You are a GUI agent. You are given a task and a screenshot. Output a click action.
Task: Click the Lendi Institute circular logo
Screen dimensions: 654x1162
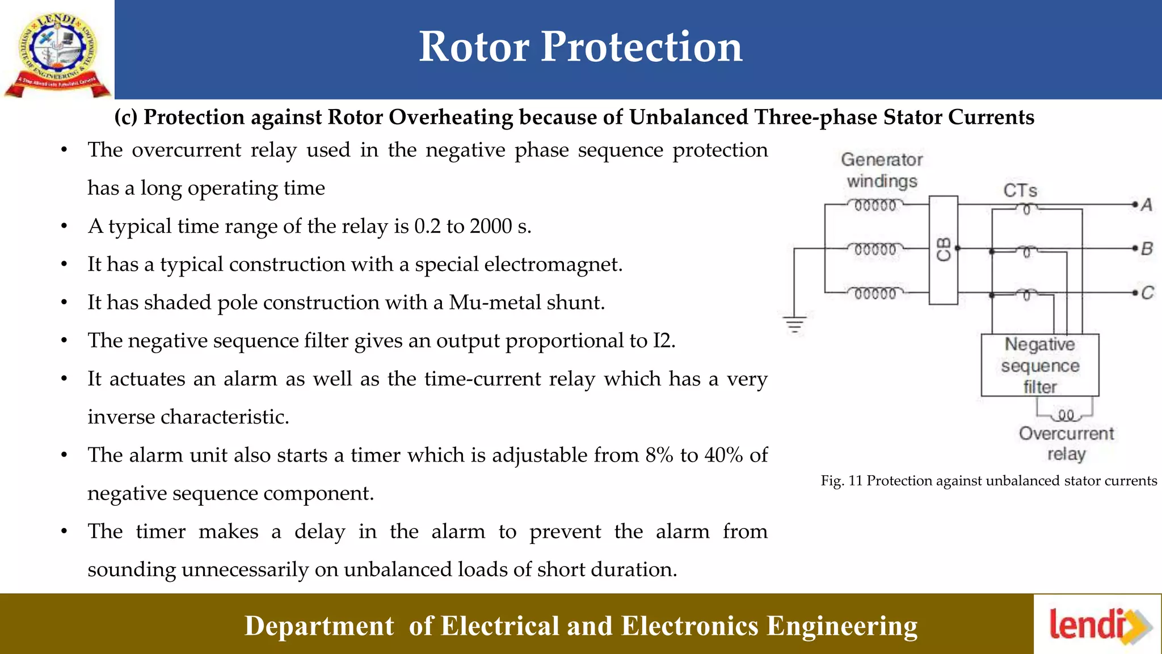click(57, 51)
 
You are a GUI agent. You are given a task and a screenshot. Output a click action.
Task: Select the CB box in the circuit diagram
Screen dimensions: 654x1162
click(944, 250)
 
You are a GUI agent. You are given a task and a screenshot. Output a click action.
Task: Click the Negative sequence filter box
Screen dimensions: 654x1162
click(1040, 365)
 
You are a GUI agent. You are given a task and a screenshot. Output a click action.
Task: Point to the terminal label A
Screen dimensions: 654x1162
click(1147, 204)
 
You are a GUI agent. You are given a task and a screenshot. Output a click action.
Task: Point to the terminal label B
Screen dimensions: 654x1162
click(1147, 249)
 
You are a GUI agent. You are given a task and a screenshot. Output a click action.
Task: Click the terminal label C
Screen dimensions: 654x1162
click(1147, 293)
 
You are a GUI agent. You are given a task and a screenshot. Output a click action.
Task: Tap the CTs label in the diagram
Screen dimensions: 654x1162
click(1020, 190)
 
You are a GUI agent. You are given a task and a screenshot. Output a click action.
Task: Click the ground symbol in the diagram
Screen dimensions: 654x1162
click(795, 325)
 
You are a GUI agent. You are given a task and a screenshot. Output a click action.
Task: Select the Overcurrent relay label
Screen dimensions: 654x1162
click(1066, 443)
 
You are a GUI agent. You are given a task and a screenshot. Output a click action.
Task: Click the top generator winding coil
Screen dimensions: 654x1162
click(875, 205)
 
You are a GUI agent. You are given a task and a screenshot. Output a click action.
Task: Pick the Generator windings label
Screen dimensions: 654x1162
click(882, 170)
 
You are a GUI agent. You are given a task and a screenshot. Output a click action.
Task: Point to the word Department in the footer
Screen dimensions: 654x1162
click(319, 626)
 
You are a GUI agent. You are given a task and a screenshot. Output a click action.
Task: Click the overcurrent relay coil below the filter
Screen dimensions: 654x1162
click(1066, 416)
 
